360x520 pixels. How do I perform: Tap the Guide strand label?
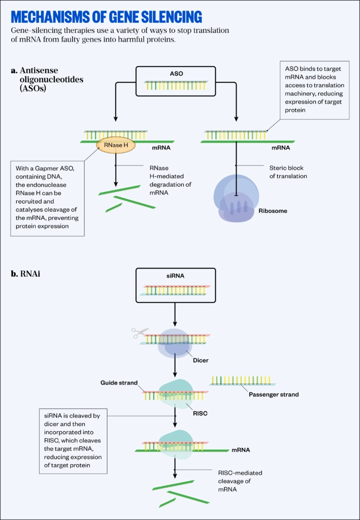click(x=119, y=383)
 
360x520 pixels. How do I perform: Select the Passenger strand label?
click(x=273, y=394)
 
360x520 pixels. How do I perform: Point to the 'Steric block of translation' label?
click(x=288, y=172)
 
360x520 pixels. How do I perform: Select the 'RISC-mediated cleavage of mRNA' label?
click(x=237, y=481)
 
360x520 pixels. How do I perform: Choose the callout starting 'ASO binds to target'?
click(x=314, y=90)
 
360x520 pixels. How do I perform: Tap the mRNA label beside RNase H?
click(x=161, y=148)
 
